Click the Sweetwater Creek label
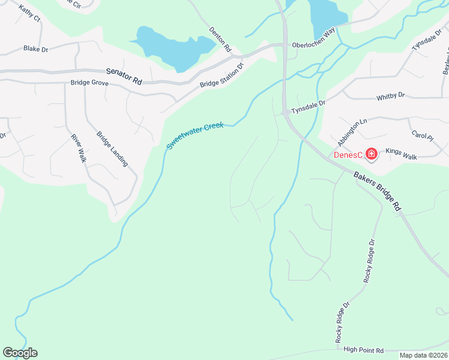(x=195, y=136)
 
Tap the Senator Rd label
(x=124, y=75)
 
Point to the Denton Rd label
(x=220, y=40)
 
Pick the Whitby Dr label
(x=391, y=95)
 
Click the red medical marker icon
(x=372, y=155)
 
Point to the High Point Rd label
(x=364, y=349)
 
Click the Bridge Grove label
(x=89, y=83)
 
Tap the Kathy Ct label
(x=29, y=14)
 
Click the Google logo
(x=20, y=353)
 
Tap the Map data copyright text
(x=423, y=355)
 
